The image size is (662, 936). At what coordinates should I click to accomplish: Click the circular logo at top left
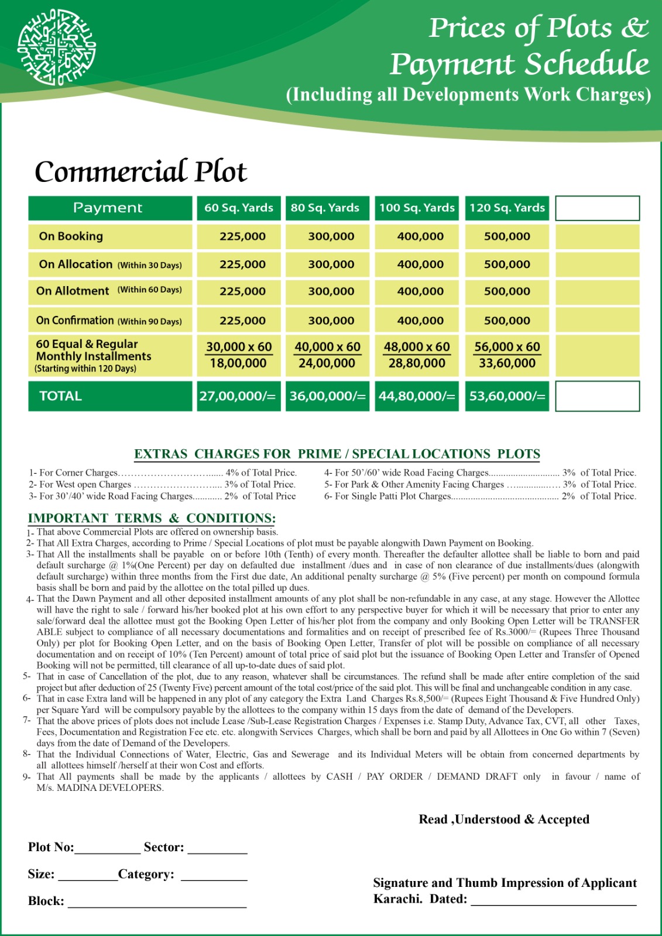(56, 47)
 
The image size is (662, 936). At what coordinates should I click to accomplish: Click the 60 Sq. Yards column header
(239, 208)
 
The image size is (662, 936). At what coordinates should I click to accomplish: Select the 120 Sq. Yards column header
(507, 208)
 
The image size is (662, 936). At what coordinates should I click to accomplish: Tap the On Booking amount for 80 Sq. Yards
(331, 236)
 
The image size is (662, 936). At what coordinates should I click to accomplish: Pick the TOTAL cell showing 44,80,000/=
(417, 396)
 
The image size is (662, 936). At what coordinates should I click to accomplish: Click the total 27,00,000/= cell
(238, 396)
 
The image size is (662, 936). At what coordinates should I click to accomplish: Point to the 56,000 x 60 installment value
(507, 346)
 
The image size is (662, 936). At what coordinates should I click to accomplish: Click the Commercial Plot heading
(140, 171)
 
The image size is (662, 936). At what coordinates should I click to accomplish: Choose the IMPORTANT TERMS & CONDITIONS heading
(152, 518)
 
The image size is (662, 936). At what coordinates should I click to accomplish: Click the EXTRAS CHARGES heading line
(337, 454)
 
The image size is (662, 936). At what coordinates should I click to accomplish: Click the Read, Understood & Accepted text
(504, 820)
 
